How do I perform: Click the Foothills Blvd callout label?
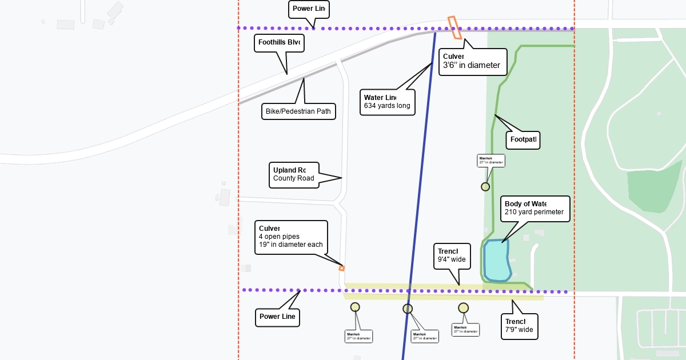(279, 42)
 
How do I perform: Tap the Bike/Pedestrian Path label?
(298, 111)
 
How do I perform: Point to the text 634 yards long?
(387, 106)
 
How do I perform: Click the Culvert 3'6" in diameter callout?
(472, 61)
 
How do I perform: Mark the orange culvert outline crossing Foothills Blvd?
(455, 27)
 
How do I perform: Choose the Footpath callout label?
(523, 139)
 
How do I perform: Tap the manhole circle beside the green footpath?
(485, 186)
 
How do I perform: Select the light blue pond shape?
(496, 260)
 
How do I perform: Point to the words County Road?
(294, 178)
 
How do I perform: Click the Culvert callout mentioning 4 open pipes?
(291, 237)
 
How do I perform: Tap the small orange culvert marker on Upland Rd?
(342, 268)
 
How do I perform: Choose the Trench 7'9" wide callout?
(519, 326)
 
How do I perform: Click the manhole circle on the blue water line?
(408, 309)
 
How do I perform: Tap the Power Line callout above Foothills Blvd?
(309, 9)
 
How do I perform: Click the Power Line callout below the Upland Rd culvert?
(277, 317)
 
